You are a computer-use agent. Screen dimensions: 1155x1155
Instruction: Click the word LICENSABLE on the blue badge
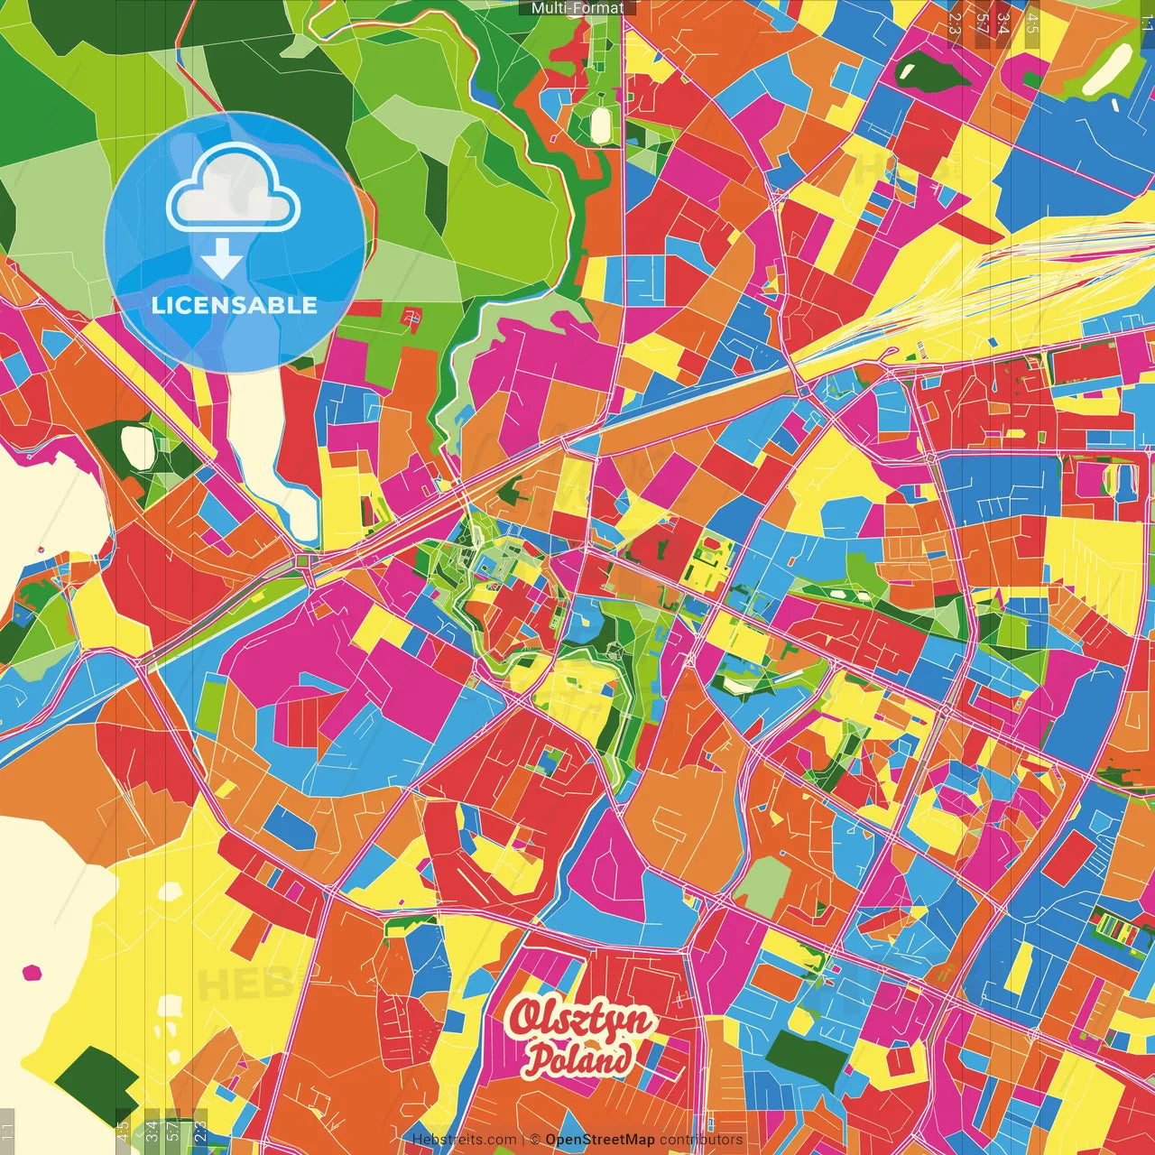[235, 305]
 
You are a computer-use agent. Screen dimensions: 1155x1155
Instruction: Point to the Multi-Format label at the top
[577, 8]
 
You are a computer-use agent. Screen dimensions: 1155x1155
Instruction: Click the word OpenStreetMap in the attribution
[600, 1140]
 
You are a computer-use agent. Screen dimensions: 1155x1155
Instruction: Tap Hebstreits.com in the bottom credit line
[464, 1140]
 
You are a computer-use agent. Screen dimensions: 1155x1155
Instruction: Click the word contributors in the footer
[701, 1140]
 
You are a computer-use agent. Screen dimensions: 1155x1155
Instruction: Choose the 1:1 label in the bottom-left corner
[7, 1130]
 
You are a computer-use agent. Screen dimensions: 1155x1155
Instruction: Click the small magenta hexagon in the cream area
[32, 972]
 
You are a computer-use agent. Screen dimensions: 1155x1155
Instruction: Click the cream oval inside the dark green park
[138, 446]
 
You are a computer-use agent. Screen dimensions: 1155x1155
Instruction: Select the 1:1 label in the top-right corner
[1147, 16]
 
